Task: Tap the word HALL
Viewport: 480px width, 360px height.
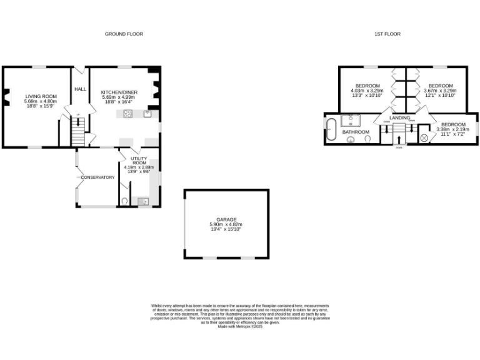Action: [81, 89]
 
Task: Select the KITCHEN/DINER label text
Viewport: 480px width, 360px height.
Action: [119, 92]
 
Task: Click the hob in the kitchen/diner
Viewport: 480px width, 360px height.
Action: [128, 113]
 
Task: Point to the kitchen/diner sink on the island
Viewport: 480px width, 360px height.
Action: [147, 113]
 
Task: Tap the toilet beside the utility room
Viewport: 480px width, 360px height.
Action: [125, 201]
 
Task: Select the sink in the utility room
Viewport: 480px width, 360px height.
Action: [142, 201]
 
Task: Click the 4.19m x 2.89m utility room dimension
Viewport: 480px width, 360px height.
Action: [138, 167]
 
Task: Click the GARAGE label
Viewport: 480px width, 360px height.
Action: [227, 219]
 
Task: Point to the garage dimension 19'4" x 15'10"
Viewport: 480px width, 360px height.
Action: [226, 229]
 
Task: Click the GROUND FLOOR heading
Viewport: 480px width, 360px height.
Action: [124, 34]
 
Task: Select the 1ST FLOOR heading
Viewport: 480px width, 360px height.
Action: [389, 34]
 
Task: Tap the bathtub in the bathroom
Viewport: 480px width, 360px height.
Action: [331, 128]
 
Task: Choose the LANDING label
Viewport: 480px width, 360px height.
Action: [399, 117]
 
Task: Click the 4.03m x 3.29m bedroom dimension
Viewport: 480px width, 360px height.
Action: [367, 91]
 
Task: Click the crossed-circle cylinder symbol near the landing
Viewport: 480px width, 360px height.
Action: [425, 137]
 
